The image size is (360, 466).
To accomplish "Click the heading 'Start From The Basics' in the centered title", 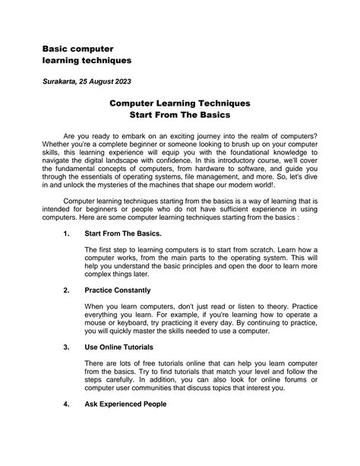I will click(x=179, y=116).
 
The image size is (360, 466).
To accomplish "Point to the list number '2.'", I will click(x=68, y=290).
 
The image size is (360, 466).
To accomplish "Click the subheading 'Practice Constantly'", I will click(x=118, y=290).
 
